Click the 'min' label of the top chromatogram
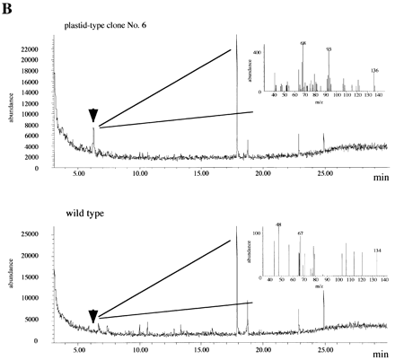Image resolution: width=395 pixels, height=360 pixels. [381, 179]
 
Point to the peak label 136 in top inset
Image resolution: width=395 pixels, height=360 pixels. [373, 70]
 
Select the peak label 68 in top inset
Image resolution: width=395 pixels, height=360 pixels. [303, 42]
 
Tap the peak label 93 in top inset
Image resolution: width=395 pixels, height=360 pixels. [329, 48]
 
